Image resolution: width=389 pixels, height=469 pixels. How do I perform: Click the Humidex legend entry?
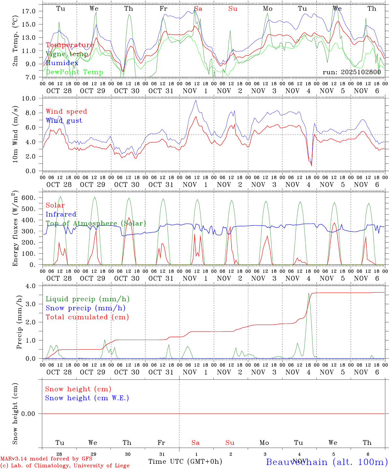(x=62, y=63)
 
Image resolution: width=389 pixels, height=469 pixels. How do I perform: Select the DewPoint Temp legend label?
(x=74, y=72)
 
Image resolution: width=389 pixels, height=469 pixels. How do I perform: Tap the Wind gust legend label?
(x=64, y=121)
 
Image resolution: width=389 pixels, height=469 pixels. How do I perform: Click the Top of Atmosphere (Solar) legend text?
(x=95, y=223)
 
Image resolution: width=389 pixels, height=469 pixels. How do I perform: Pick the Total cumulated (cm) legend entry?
(x=87, y=317)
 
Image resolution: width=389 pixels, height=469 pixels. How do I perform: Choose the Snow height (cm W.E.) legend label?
(x=87, y=398)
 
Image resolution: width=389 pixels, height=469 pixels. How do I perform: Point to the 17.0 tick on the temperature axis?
(x=29, y=11)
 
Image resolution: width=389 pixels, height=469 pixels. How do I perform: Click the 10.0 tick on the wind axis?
(x=29, y=98)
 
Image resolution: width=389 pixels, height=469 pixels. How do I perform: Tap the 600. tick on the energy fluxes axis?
(x=28, y=198)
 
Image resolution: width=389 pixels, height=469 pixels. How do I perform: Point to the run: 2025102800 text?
(x=352, y=72)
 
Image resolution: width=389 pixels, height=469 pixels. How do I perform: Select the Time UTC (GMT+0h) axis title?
(x=185, y=462)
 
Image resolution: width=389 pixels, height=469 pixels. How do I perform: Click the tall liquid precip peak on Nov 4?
(x=309, y=293)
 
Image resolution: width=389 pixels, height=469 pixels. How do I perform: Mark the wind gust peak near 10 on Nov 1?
(x=196, y=100)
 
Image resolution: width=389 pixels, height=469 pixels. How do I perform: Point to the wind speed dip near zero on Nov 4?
(x=311, y=165)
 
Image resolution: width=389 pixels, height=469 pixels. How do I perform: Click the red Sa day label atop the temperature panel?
(x=198, y=9)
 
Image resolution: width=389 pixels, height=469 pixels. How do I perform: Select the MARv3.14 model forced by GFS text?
(x=46, y=459)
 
